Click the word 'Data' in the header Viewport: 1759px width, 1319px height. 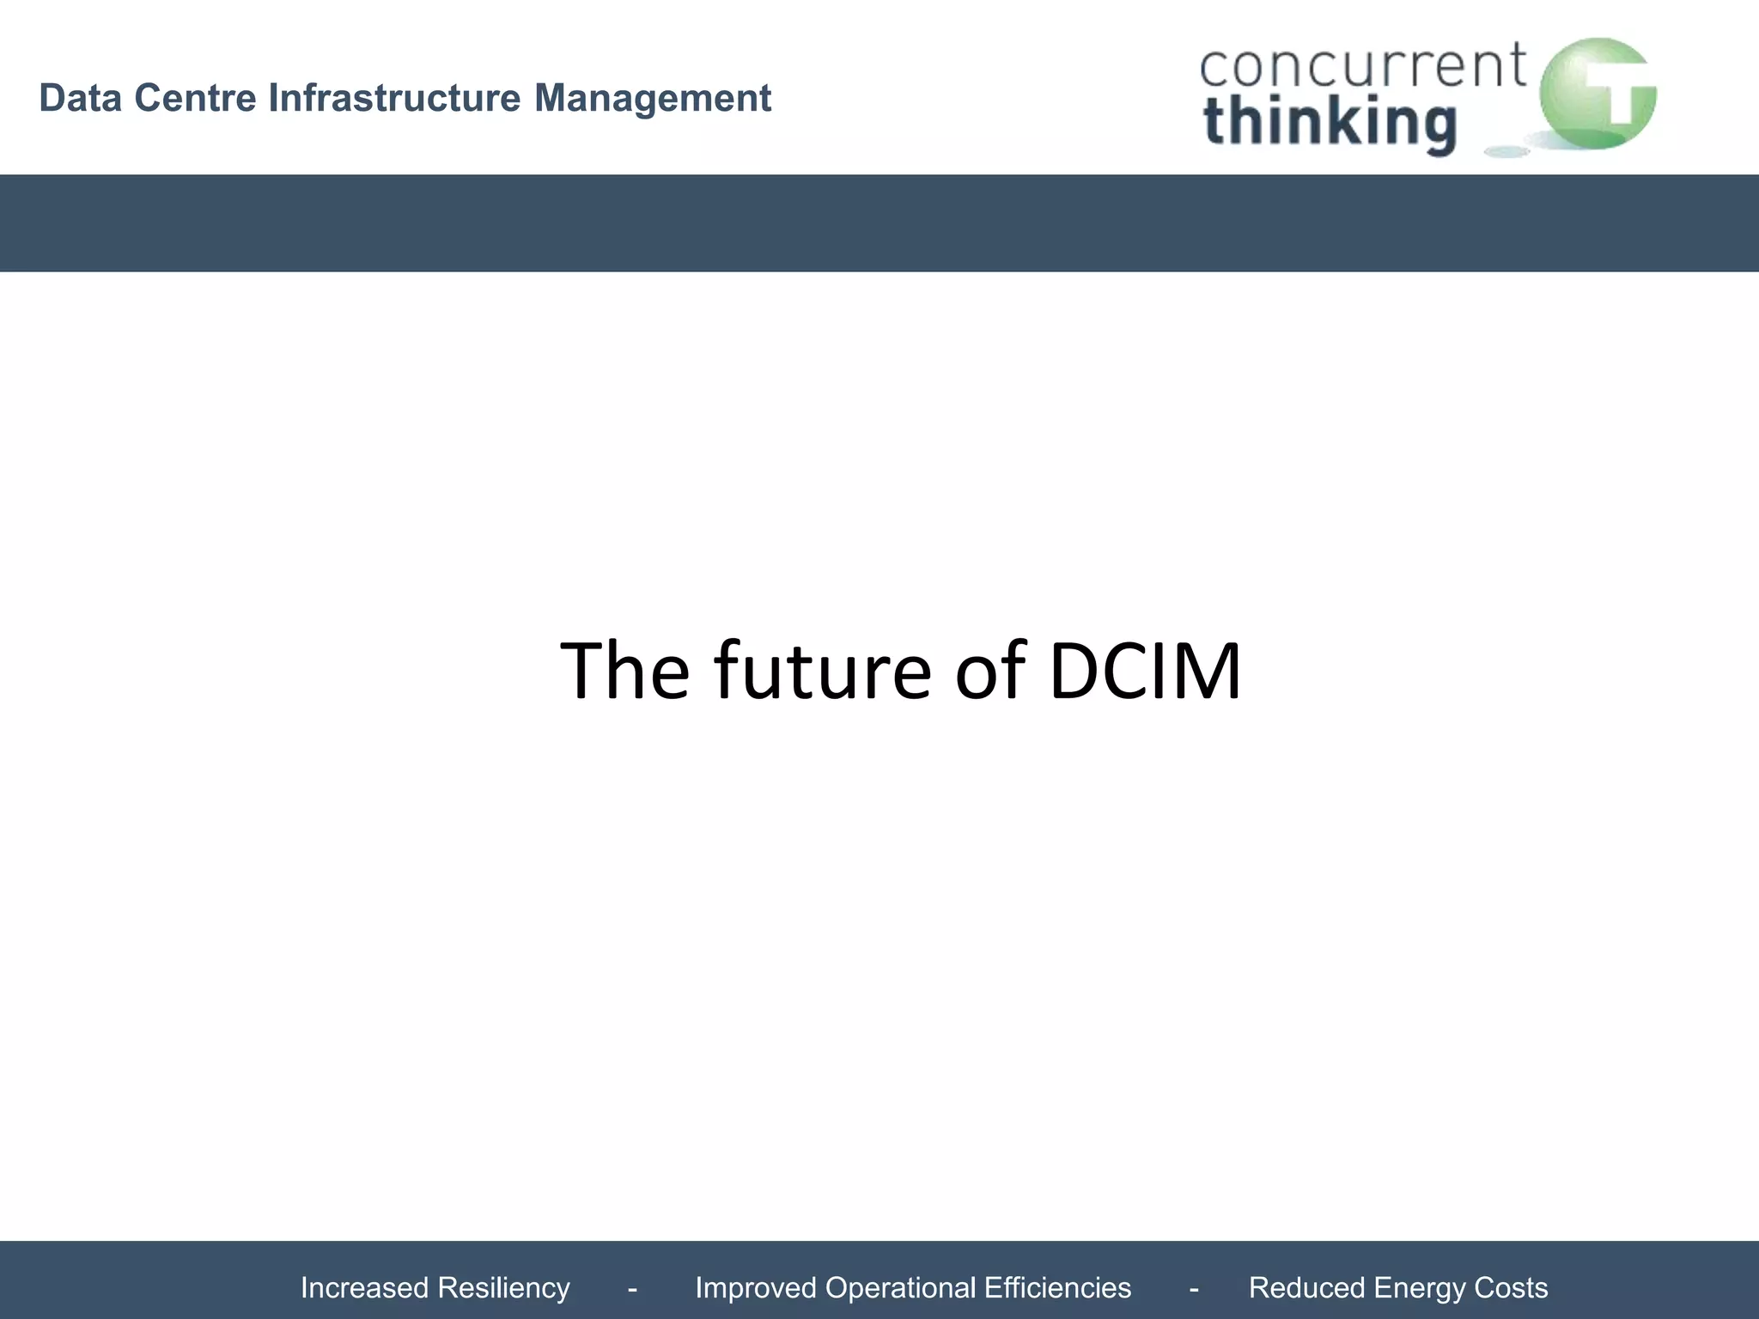click(x=81, y=98)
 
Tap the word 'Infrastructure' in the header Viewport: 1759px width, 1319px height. click(x=394, y=98)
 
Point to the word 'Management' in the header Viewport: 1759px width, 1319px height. click(x=653, y=98)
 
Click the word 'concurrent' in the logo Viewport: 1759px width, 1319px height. click(x=1362, y=66)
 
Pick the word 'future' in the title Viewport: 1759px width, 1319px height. click(x=822, y=671)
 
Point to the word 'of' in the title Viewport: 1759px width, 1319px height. click(x=990, y=671)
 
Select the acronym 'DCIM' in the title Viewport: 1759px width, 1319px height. click(x=1145, y=671)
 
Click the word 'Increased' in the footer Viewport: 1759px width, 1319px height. click(x=364, y=1288)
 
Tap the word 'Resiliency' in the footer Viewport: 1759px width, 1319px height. click(x=503, y=1288)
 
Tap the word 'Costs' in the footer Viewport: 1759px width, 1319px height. click(x=1511, y=1288)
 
